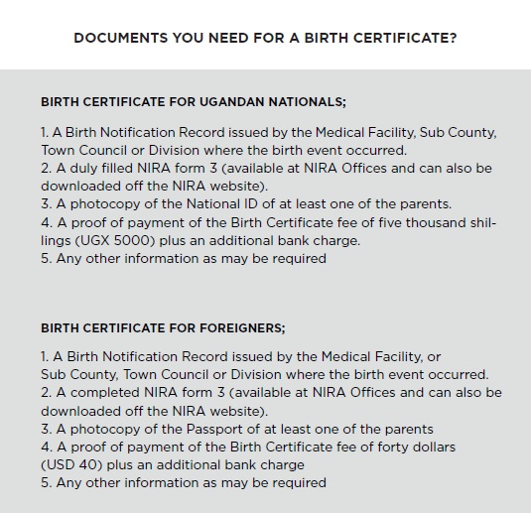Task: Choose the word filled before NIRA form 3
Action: tap(120, 168)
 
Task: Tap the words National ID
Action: tap(243, 204)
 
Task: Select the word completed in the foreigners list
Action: tap(103, 393)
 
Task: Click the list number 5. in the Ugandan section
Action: tap(46, 259)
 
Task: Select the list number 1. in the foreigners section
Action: tap(45, 356)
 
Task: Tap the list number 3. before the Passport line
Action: tap(46, 429)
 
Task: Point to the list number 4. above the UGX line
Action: tap(46, 222)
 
